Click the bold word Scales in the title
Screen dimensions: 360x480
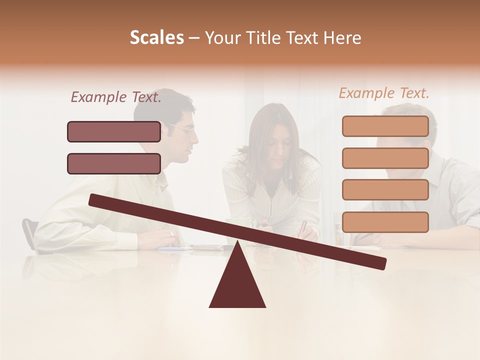156,38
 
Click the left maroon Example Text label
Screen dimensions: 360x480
116,97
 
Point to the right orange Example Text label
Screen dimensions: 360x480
384,93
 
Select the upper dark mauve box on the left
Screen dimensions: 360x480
114,131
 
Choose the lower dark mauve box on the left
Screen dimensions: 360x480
114,163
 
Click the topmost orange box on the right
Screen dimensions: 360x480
385,126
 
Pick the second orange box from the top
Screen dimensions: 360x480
385,158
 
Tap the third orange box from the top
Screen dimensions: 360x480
385,190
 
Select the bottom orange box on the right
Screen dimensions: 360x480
385,222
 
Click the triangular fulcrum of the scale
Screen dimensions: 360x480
237,282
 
